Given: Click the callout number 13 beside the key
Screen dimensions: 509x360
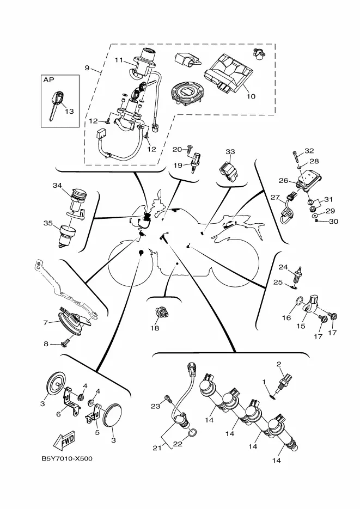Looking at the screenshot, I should pyautogui.click(x=69, y=111).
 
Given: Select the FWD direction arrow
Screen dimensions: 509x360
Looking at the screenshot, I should pyautogui.click(x=64, y=439).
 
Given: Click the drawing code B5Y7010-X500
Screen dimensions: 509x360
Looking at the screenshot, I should pyautogui.click(x=66, y=458).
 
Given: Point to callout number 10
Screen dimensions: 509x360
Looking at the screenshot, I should pyautogui.click(x=251, y=96).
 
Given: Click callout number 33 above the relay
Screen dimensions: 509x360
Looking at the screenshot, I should pyautogui.click(x=230, y=151).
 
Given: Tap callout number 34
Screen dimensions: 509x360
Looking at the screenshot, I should pyautogui.click(x=57, y=186).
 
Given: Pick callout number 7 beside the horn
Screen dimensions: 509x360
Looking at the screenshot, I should pyautogui.click(x=46, y=322).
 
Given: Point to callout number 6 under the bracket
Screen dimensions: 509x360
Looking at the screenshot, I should pyautogui.click(x=58, y=414).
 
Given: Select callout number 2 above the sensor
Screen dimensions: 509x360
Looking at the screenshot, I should pyautogui.click(x=279, y=364).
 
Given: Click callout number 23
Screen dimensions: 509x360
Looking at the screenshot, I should pyautogui.click(x=155, y=406).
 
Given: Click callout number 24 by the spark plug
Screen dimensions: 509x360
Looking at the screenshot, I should pyautogui.click(x=283, y=267).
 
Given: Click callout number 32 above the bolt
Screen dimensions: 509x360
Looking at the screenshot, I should pyautogui.click(x=309, y=150).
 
